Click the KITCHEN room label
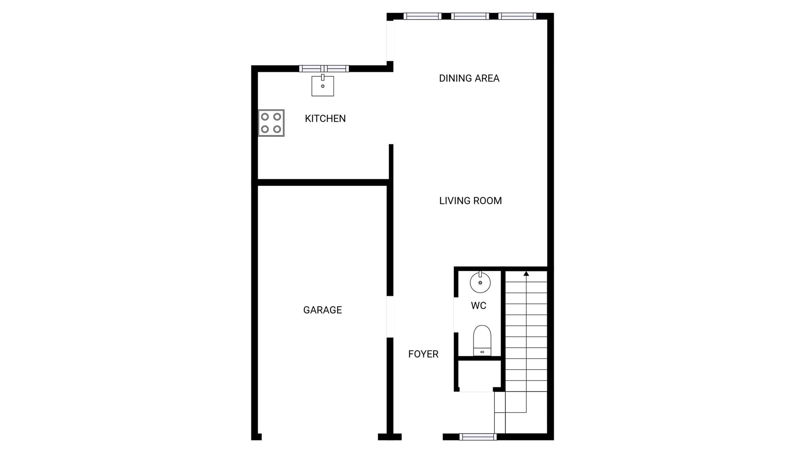pyautogui.click(x=325, y=118)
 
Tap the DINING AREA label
pyautogui.click(x=469, y=78)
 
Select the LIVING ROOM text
pyautogui.click(x=471, y=201)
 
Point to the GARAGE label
pyautogui.click(x=322, y=310)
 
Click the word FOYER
pyautogui.click(x=423, y=354)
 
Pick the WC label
pyautogui.click(x=478, y=305)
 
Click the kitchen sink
pyautogui.click(x=323, y=85)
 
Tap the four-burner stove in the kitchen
pyautogui.click(x=271, y=123)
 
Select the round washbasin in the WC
pyautogui.click(x=480, y=282)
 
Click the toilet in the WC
pyautogui.click(x=482, y=341)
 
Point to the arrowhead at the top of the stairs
pyautogui.click(x=526, y=273)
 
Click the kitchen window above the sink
pyautogui.click(x=324, y=68)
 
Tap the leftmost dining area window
pyautogui.click(x=423, y=16)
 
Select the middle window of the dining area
pyautogui.click(x=470, y=16)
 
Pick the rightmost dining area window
pyautogui.click(x=517, y=16)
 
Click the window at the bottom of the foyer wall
pyautogui.click(x=478, y=436)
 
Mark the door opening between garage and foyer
pyautogui.click(x=390, y=316)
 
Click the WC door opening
pyautogui.click(x=456, y=315)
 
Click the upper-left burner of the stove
pyautogui.click(x=265, y=116)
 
